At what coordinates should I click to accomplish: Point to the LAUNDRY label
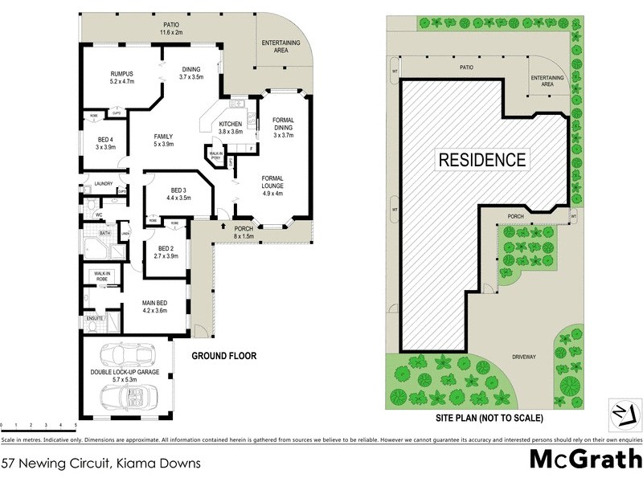(x=102, y=184)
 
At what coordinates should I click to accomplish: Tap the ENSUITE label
(x=96, y=318)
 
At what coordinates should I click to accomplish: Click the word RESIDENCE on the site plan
(x=482, y=159)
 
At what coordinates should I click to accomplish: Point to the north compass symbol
(x=620, y=411)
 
